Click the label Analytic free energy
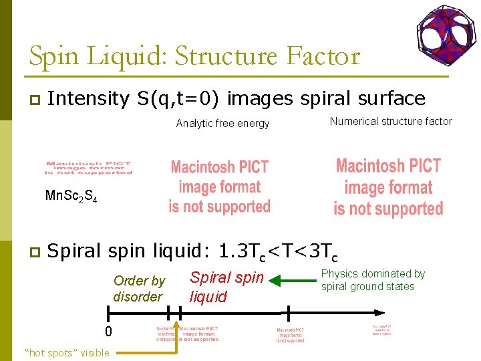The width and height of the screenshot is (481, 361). tap(222, 123)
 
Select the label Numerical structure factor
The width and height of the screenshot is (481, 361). tap(391, 122)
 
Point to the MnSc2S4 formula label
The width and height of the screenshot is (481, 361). tap(71, 197)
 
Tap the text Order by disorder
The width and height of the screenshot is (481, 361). tap(138, 289)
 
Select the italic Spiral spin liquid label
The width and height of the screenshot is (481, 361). tap(226, 287)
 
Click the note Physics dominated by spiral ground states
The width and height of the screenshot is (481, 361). tap(373, 280)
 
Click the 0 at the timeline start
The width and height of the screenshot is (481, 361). tap(108, 332)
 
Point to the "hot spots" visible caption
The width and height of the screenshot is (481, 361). tap(66, 352)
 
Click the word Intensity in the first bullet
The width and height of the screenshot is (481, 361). tap(88, 98)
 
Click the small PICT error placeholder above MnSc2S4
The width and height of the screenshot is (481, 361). tap(89, 168)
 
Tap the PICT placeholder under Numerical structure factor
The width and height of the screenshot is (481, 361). tap(388, 187)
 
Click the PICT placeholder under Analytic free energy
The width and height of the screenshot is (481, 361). tap(219, 187)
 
